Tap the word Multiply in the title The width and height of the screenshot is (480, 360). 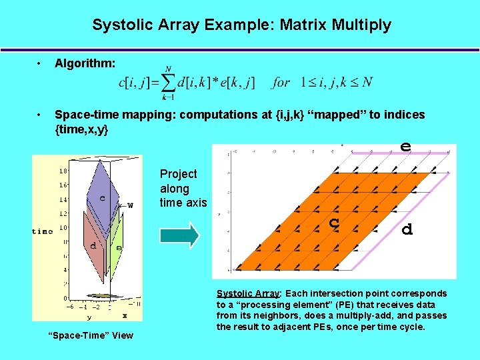(x=362, y=25)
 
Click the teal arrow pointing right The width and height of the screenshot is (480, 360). (x=179, y=235)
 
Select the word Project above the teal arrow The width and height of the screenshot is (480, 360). (x=179, y=174)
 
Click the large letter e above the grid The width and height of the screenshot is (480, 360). (x=405, y=145)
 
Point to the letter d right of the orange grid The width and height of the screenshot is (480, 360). (x=407, y=229)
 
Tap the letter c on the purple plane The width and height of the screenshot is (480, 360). (x=102, y=198)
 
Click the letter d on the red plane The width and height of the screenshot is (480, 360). (x=93, y=245)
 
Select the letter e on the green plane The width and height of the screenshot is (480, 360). (x=119, y=247)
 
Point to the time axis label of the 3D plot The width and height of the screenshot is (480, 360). (x=43, y=231)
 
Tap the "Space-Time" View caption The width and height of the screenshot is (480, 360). (x=92, y=335)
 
